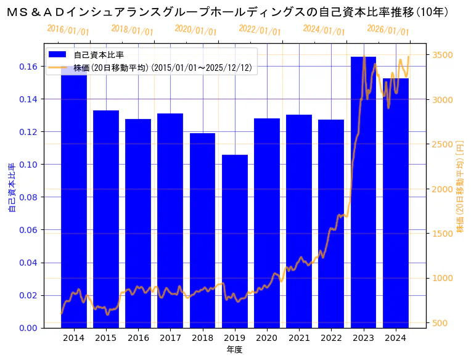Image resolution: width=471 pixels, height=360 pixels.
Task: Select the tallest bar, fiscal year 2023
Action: (363, 192)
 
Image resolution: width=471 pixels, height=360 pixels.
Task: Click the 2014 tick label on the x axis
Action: (73, 338)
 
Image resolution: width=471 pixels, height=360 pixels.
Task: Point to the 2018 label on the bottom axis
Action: (202, 338)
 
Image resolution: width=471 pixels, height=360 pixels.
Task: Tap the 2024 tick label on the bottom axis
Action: (395, 338)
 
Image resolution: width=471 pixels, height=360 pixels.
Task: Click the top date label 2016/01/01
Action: (68, 30)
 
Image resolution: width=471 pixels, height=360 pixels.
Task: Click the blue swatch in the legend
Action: (60, 55)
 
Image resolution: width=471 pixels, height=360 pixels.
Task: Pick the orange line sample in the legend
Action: (60, 67)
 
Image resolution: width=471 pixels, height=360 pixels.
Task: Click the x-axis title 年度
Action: (234, 350)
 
